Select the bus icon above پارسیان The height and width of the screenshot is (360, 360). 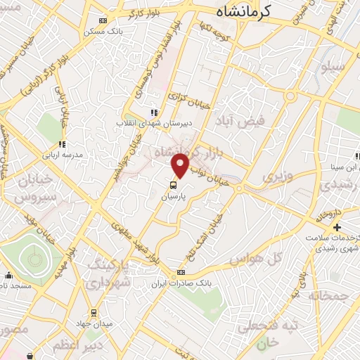pyautogui.click(x=173, y=186)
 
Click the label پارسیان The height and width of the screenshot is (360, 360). pyautogui.click(x=173, y=198)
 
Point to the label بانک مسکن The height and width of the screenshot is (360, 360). pyautogui.click(x=98, y=32)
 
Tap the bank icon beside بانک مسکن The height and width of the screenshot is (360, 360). pyautogui.click(x=104, y=21)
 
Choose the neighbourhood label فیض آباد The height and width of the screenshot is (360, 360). pyautogui.click(x=241, y=120)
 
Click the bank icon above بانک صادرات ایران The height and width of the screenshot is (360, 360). pyautogui.click(x=181, y=273)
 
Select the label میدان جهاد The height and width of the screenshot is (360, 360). pyautogui.click(x=93, y=324)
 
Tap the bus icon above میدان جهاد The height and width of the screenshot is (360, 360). pyautogui.click(x=93, y=314)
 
